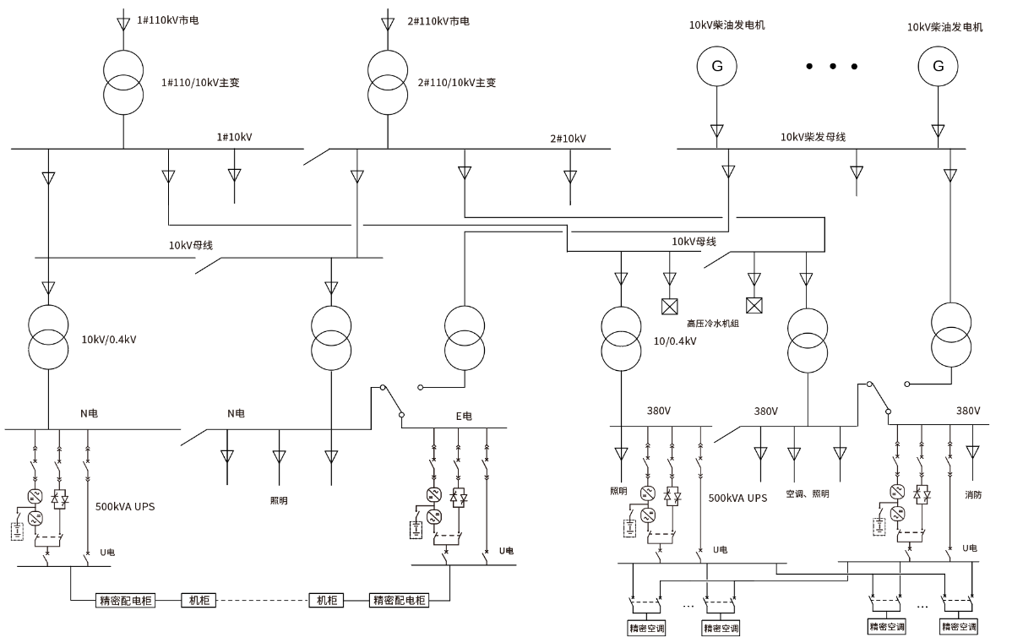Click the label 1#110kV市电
167,20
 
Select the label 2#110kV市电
438,21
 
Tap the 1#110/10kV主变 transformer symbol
123,82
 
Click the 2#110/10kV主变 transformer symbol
388,82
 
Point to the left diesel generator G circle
716,66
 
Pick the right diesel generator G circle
938,66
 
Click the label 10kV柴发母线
813,137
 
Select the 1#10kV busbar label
234,137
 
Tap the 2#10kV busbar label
568,139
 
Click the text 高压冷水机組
713,324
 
